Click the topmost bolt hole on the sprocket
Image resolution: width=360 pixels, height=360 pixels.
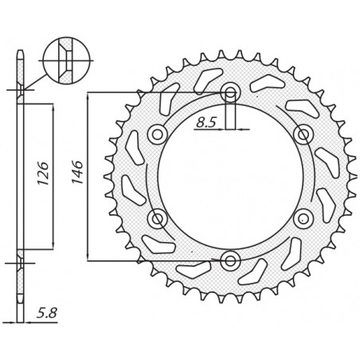[x=230, y=92]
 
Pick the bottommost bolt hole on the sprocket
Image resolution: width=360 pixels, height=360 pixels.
[x=230, y=260]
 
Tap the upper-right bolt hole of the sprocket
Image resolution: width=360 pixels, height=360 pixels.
[x=303, y=133]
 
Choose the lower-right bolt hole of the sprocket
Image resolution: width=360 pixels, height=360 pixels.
[x=303, y=217]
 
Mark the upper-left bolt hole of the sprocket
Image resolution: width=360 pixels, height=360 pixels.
[x=157, y=133]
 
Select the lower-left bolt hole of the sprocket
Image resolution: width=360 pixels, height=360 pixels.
[x=157, y=217]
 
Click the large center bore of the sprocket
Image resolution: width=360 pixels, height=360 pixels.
[x=230, y=175]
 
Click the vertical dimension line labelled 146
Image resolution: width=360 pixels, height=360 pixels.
[x=88, y=207]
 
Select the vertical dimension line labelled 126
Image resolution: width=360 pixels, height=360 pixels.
[x=53, y=207]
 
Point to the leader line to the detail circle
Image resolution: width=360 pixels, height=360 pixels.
[x=36, y=80]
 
